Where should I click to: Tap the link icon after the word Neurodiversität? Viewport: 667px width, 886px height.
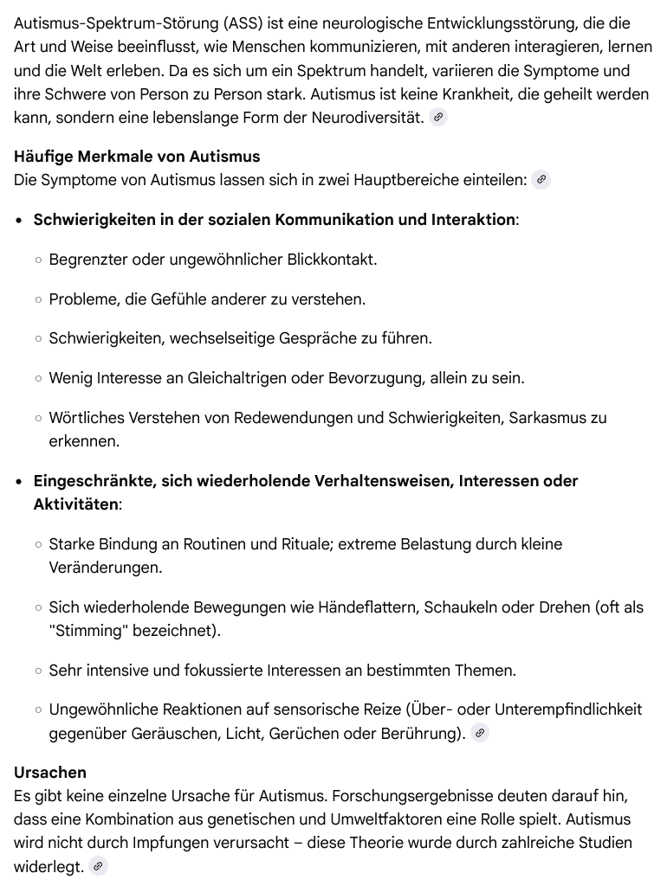point(438,118)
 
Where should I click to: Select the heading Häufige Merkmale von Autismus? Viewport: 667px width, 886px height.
point(137,157)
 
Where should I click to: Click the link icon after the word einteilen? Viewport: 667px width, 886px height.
point(541,180)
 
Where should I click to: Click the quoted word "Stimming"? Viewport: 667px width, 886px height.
point(85,631)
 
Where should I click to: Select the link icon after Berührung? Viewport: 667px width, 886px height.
point(480,734)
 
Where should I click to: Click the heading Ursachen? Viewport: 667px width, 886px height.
point(50,772)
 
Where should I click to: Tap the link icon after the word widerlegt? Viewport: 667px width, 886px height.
point(98,866)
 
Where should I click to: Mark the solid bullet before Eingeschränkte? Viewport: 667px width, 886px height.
point(20,482)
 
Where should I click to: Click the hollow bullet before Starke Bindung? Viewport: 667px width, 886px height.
point(39,545)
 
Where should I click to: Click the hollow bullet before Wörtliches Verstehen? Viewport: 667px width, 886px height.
point(39,419)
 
